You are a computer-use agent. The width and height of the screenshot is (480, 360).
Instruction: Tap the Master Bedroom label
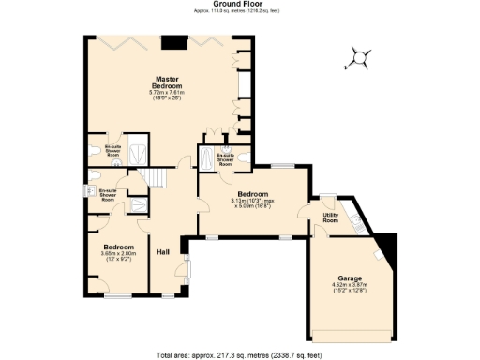pyautogui.click(x=168, y=82)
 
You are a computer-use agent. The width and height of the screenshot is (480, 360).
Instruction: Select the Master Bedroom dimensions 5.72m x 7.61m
pyautogui.click(x=168, y=96)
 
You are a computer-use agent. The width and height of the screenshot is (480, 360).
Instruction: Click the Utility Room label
pyautogui.click(x=330, y=217)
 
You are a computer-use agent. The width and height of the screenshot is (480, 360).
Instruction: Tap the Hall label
pyautogui.click(x=162, y=251)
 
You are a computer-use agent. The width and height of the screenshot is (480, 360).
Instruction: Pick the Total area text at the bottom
pyautogui.click(x=239, y=355)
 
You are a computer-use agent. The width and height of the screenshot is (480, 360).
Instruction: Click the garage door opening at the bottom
pyautogui.click(x=352, y=336)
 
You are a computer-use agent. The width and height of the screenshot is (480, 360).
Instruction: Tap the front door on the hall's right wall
pyautogui.click(x=191, y=271)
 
